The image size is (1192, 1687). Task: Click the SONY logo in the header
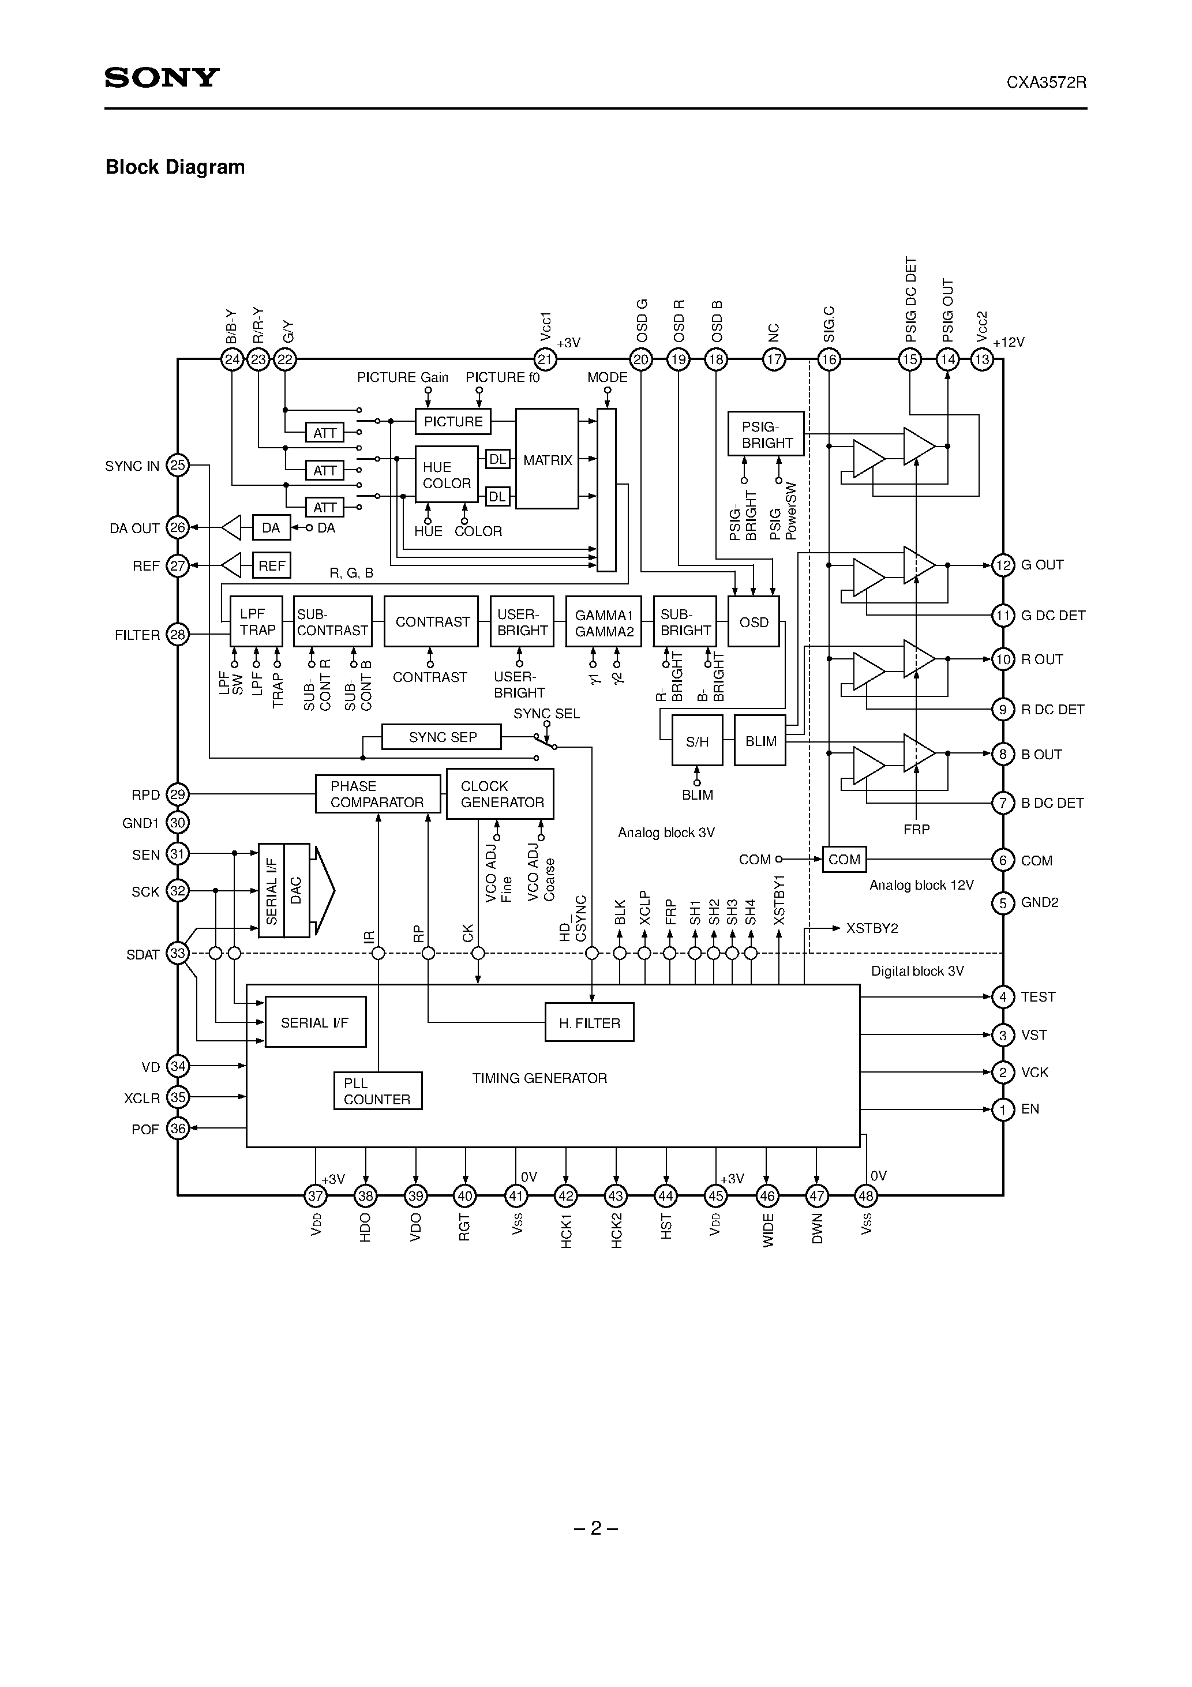(162, 77)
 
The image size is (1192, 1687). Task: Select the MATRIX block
(547, 459)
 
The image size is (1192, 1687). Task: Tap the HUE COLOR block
(446, 475)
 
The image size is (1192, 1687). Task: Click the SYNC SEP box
(442, 737)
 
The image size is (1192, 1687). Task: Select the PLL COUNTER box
(378, 1091)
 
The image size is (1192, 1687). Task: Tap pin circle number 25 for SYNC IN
(178, 465)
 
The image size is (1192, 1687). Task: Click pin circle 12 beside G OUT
(1002, 565)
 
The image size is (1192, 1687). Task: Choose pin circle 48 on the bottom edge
(865, 1196)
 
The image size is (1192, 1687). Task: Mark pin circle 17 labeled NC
(774, 359)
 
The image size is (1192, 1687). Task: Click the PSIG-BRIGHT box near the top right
(766, 434)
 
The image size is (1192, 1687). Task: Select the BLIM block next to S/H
(760, 741)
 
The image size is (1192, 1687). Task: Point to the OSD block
(754, 621)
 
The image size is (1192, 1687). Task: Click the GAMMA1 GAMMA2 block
(604, 621)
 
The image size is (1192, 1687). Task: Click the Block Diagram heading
(175, 167)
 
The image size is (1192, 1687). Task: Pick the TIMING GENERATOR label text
(539, 1078)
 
